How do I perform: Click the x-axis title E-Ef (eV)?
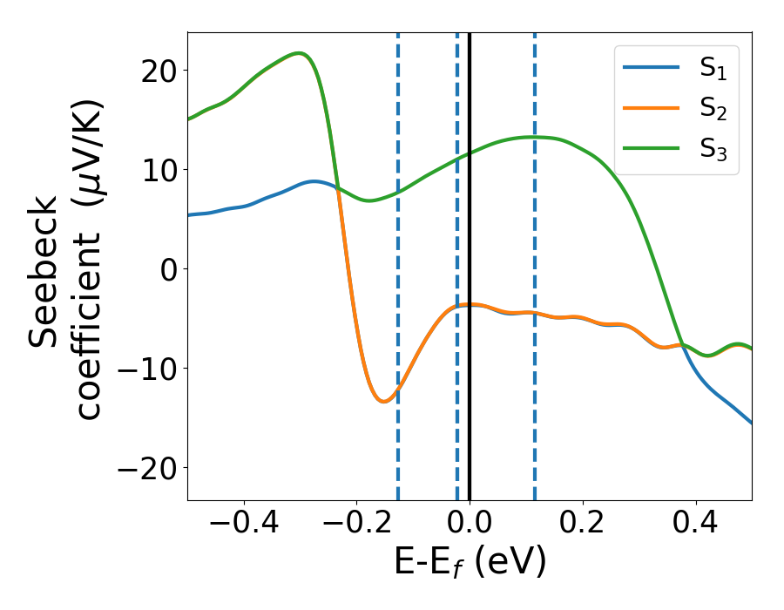pos(470,563)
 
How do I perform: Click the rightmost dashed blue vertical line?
pos(534,261)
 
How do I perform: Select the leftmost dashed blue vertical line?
pos(397,261)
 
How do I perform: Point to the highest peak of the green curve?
pos(299,53)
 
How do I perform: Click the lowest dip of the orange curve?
pos(384,401)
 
